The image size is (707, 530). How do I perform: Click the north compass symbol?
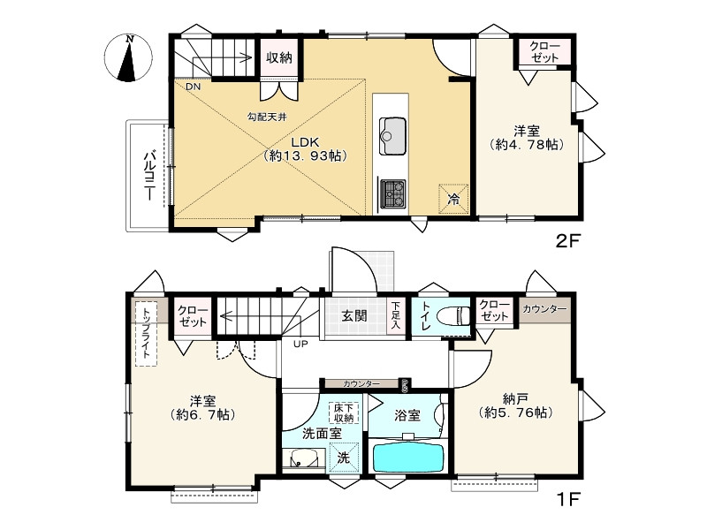point(128,58)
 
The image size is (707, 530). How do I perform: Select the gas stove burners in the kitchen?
point(393,193)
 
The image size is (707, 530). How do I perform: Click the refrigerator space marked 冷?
point(454,198)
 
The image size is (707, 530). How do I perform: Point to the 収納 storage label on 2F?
point(278,57)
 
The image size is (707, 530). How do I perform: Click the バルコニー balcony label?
point(148,176)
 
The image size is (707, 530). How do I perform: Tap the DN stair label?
point(193,87)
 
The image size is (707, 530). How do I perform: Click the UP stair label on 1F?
point(300,344)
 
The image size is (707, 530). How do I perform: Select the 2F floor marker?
point(566,241)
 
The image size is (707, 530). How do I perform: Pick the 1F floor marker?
point(568,499)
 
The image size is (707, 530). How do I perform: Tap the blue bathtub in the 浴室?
point(408,458)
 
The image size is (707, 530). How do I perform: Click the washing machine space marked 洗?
point(345,458)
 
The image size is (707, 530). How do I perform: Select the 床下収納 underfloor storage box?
point(344,413)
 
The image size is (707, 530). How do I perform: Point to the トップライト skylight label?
point(146,333)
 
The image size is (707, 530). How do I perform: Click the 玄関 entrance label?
point(354,316)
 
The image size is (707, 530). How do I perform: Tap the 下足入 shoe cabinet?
point(395,316)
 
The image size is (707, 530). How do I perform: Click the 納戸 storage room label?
point(515,398)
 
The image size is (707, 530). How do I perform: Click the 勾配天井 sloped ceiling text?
point(267,117)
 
